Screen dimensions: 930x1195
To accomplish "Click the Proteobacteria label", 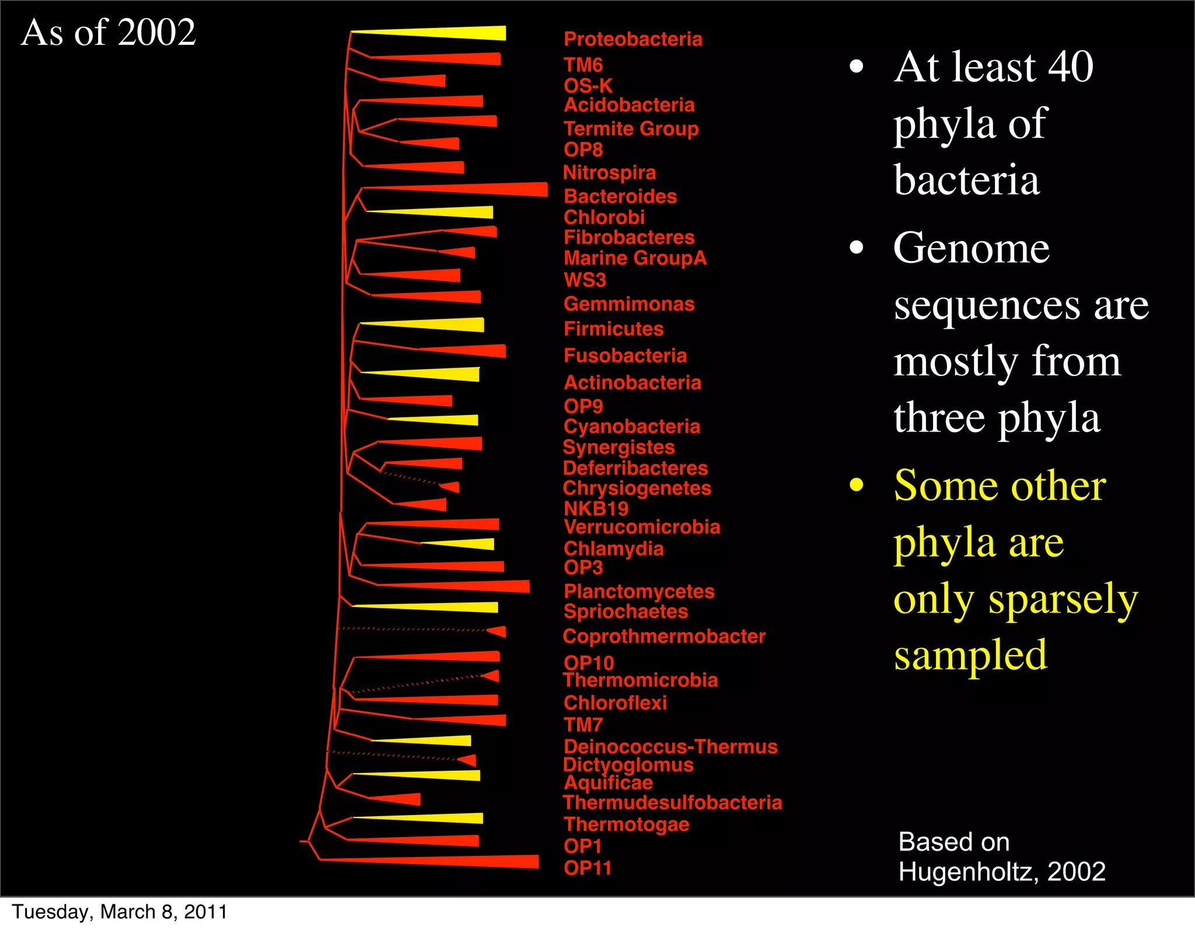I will click(x=633, y=39).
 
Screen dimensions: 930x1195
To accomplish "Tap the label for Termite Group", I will click(x=631, y=128).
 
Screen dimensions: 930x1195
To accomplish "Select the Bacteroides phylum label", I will click(x=620, y=196).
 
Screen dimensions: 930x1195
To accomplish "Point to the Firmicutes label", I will click(x=613, y=329).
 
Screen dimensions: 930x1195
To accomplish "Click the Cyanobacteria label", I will click(x=631, y=426).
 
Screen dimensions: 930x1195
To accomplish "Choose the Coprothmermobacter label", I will click(x=663, y=636).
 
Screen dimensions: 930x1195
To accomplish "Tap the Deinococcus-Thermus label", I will click(x=670, y=746).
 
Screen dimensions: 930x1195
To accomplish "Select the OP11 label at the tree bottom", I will click(x=587, y=868).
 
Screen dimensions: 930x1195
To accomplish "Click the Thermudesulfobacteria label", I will click(x=672, y=802).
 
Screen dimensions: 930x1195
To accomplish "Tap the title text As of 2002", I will click(x=109, y=32).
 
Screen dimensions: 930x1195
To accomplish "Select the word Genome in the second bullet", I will click(x=971, y=248).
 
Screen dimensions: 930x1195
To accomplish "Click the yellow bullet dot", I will click(x=856, y=485).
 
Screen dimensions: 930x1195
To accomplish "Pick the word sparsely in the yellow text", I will click(x=1063, y=599).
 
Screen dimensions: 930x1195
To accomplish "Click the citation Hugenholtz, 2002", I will click(x=1001, y=872).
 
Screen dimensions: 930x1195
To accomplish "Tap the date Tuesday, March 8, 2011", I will click(x=120, y=912).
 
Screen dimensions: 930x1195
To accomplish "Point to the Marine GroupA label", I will click(x=635, y=258).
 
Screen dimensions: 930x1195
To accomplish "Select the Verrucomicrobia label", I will click(x=642, y=527).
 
